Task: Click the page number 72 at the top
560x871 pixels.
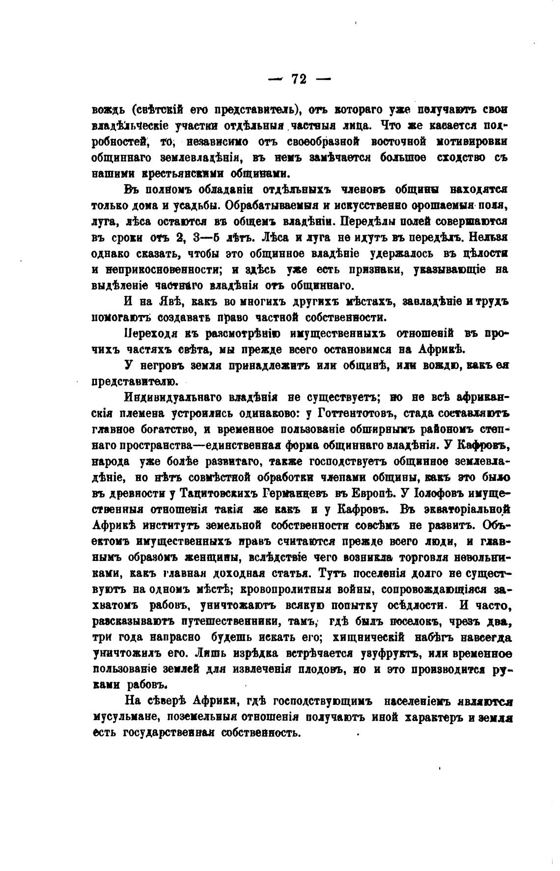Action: pos(299,79)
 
